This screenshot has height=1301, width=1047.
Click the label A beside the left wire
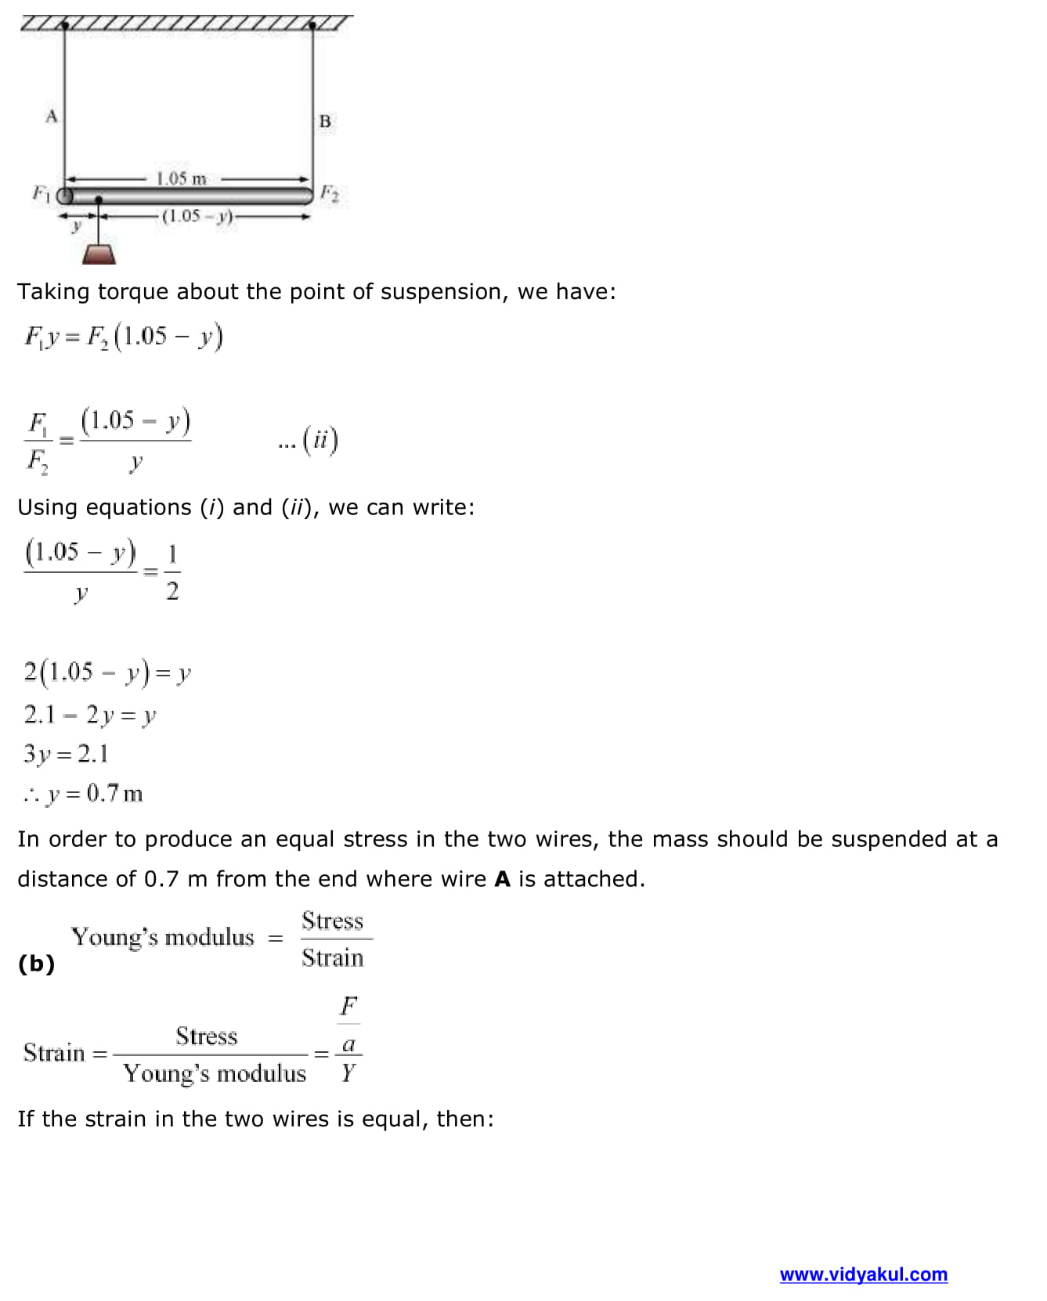click(52, 117)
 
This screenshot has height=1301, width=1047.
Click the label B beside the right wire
click(325, 121)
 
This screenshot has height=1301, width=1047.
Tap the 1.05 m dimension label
click(181, 178)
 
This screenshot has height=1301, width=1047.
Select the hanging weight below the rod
click(99, 254)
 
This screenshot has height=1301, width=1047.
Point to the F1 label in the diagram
click(40, 192)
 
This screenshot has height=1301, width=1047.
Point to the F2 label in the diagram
click(330, 193)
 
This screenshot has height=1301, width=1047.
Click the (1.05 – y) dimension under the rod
click(197, 216)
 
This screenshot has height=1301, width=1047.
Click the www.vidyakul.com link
click(863, 1274)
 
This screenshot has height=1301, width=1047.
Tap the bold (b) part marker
click(36, 963)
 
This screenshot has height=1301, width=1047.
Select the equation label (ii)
click(320, 440)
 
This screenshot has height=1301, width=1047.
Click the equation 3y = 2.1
click(66, 754)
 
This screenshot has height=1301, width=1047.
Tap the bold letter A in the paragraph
click(502, 879)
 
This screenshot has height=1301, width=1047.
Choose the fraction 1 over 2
click(172, 572)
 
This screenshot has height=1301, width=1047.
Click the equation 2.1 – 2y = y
click(89, 715)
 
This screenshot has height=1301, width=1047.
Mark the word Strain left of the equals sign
click(54, 1053)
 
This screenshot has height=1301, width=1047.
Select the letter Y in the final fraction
click(348, 1072)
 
